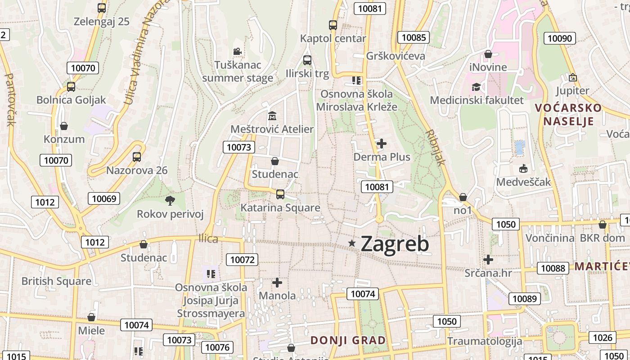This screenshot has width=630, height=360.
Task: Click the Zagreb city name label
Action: click(x=395, y=243)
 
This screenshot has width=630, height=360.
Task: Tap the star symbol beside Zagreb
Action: click(x=352, y=243)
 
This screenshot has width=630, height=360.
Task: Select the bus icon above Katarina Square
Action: click(x=280, y=194)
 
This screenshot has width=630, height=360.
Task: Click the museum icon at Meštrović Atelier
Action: click(x=272, y=116)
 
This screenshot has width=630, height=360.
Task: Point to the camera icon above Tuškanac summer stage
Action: click(x=237, y=52)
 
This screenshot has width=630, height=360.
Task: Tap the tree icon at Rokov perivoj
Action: click(x=170, y=201)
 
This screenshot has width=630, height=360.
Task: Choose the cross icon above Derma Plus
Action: click(x=382, y=144)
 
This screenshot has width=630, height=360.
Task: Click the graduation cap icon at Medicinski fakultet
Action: click(x=476, y=87)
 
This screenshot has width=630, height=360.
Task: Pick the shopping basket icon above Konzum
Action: click(x=64, y=126)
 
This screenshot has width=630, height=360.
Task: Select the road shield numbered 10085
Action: click(x=414, y=37)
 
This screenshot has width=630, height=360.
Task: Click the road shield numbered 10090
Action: click(x=560, y=38)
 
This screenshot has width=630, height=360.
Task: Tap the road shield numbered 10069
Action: click(x=104, y=198)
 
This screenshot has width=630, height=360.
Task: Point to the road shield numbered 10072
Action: click(x=243, y=259)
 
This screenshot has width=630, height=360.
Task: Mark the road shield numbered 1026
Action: click(x=603, y=337)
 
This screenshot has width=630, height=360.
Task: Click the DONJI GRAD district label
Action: click(x=348, y=340)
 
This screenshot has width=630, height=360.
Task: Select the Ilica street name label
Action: click(x=208, y=238)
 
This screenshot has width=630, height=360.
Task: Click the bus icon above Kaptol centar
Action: click(x=333, y=25)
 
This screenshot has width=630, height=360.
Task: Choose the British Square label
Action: click(x=56, y=281)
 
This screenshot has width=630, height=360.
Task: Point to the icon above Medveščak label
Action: click(x=523, y=169)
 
